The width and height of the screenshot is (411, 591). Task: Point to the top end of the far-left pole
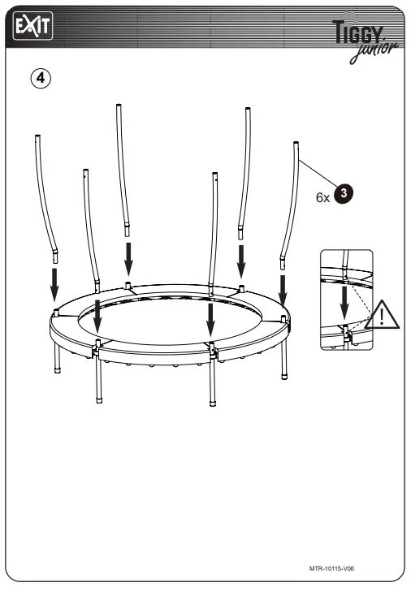[x=37, y=136]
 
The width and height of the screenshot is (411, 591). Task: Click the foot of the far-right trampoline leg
[x=283, y=376]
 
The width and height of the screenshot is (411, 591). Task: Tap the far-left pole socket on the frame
[x=54, y=313]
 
